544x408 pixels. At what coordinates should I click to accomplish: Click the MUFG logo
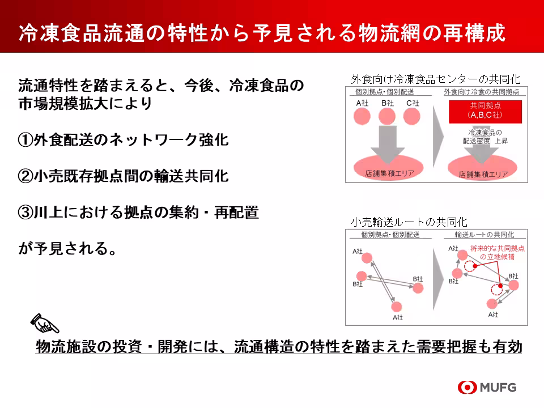click(x=487, y=388)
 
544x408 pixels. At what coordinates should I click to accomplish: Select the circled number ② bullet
click(x=25, y=176)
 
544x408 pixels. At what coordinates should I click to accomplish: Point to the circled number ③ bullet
click(x=25, y=212)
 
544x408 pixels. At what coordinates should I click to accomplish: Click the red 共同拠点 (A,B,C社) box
click(x=485, y=111)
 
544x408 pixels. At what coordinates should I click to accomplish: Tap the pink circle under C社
click(x=412, y=116)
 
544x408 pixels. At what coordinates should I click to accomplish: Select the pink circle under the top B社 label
click(x=387, y=116)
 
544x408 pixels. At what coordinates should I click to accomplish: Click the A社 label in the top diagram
click(x=363, y=103)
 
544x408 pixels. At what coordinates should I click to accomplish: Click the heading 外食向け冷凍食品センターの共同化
click(x=435, y=79)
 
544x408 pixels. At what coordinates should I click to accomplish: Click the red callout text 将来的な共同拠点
click(x=497, y=248)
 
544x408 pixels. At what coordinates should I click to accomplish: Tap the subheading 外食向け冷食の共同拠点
click(x=484, y=92)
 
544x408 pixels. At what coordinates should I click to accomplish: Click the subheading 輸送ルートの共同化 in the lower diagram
click(x=484, y=234)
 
